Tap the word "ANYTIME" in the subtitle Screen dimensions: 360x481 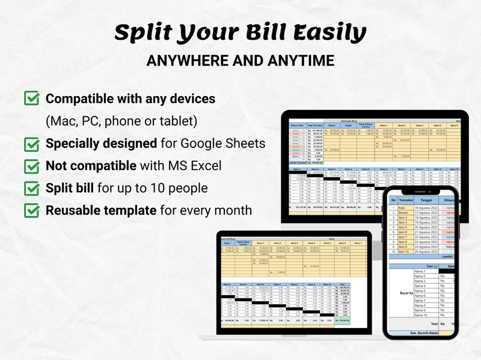300,61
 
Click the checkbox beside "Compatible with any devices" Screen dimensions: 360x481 31,98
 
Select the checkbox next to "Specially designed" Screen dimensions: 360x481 31,144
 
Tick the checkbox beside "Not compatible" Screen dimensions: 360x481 31,166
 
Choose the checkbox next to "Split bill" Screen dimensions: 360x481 31,188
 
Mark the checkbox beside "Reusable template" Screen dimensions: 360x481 31,210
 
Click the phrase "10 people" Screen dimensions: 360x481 180,188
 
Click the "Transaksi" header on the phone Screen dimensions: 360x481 406,201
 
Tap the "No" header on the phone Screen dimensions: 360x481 393,201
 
